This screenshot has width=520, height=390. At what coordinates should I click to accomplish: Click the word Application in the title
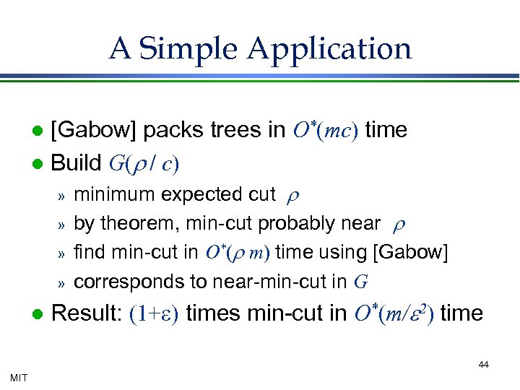(330, 49)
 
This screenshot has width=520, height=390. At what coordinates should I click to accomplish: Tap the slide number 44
(483, 365)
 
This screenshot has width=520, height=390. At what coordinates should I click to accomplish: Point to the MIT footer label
(19, 377)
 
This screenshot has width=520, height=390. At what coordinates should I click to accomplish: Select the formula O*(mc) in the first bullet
(325, 130)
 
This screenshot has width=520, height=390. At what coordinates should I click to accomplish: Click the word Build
(77, 163)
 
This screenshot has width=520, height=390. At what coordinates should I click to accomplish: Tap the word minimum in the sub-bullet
(114, 194)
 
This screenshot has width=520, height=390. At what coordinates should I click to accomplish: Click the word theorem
(135, 224)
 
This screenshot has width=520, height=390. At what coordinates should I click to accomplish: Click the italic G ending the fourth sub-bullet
(360, 282)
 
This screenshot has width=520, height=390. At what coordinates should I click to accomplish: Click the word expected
(199, 194)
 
